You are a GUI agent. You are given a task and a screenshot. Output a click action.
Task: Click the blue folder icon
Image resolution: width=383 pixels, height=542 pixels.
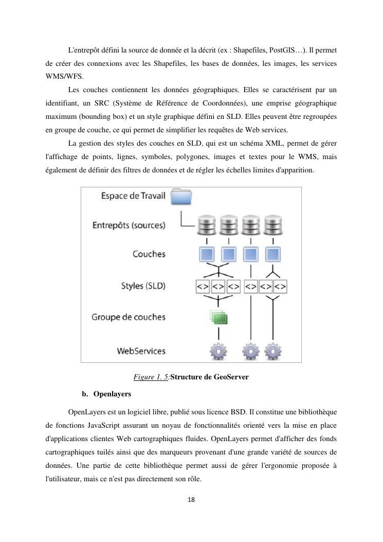(x=181, y=198)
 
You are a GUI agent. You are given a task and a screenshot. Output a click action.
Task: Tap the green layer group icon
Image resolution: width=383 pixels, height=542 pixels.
(x=218, y=318)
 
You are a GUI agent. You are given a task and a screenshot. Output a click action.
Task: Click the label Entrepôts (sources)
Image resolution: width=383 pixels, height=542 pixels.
(x=129, y=225)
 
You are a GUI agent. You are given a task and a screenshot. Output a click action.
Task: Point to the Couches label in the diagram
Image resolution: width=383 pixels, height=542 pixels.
(x=149, y=254)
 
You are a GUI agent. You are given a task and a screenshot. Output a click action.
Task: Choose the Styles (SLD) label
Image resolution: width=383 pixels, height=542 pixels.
(x=143, y=285)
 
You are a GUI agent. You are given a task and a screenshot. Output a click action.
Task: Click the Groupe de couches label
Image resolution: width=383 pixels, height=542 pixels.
(x=129, y=317)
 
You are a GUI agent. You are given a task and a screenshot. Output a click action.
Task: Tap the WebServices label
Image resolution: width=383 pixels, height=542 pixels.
(x=141, y=351)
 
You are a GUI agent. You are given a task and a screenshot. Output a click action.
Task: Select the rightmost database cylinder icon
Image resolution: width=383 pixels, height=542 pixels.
(x=272, y=225)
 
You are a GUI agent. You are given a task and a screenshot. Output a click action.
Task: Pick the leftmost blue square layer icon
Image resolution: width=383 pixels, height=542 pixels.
(x=207, y=254)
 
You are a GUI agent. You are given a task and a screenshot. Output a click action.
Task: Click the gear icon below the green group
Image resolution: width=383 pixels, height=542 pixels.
(x=218, y=352)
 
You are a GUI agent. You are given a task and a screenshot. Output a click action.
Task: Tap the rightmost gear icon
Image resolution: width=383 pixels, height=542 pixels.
(x=272, y=352)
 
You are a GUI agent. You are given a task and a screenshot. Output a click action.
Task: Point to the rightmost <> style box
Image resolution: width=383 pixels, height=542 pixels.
(x=280, y=286)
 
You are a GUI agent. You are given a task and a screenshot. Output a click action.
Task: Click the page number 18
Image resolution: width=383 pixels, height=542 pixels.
(x=191, y=499)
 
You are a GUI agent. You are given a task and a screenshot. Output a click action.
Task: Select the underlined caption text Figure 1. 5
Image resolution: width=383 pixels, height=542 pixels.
(x=151, y=377)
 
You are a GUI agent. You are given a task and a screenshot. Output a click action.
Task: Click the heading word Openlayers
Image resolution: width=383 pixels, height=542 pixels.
(x=112, y=394)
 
